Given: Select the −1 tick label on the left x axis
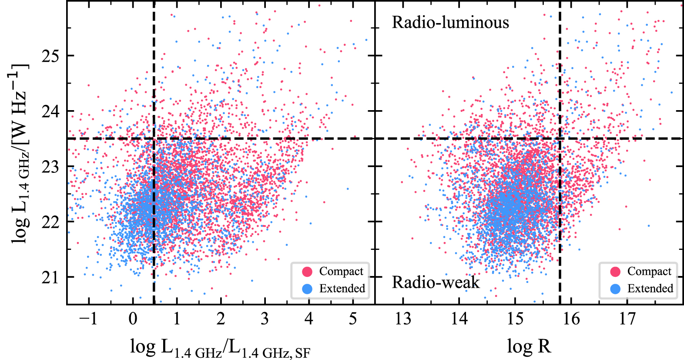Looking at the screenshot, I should [x=88, y=319].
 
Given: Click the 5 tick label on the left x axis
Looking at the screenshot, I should [x=353, y=319].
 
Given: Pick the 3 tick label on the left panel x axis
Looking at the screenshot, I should [x=265, y=319].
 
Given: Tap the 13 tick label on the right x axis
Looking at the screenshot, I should [x=403, y=319].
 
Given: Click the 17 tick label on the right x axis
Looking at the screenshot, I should [x=627, y=319].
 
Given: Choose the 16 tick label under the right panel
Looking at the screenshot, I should [x=571, y=319].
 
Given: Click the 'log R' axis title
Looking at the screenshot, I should [x=529, y=347].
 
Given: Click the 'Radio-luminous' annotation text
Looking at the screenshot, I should [x=450, y=23].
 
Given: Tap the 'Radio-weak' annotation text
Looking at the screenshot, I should [x=436, y=283].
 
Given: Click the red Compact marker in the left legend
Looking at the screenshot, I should [x=307, y=272].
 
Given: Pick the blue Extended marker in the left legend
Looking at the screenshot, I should [x=307, y=289].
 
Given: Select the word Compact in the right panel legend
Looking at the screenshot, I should [x=649, y=272].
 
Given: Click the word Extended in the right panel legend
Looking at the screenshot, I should [x=650, y=289].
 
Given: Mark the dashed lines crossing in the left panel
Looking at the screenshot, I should [x=154, y=138].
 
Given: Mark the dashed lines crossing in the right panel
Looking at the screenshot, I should [x=560, y=138].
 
